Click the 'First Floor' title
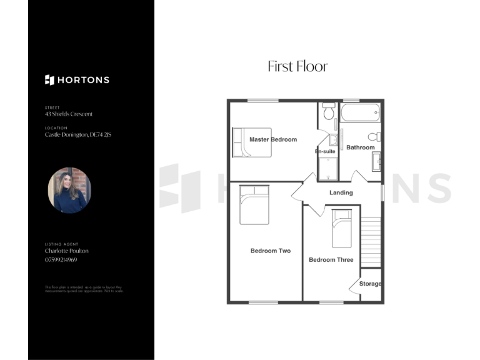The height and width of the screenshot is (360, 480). pos(297,66)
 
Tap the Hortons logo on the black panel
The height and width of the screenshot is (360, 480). pos(77,80)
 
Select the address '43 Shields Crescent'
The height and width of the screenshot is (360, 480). pos(69,114)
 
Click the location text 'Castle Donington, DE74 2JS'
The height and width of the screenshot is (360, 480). pos(78,134)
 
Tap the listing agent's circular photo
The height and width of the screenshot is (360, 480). pos(69,191)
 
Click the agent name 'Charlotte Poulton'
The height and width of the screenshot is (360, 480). pos(67,251)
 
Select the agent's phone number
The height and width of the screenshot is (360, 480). pos(61,259)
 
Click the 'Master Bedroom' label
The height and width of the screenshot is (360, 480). pos(273,139)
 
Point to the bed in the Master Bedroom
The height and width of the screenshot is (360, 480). pos(252,142)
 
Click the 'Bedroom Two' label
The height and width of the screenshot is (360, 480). pos(271,251)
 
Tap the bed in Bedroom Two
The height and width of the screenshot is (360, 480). pos(254,204)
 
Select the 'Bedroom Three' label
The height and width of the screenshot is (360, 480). pos(331,260)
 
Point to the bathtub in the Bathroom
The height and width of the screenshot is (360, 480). pos(359,113)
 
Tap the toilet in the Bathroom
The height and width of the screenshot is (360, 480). pos(374,137)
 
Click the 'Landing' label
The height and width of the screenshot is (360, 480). pos(341,192)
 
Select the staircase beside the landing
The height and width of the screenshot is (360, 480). pos(371,241)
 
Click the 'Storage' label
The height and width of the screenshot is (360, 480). pos(370,284)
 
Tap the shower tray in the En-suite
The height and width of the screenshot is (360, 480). pos(327,167)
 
